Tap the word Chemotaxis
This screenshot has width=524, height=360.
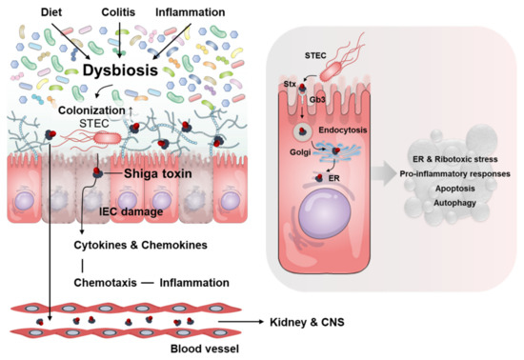(x=104, y=282)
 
